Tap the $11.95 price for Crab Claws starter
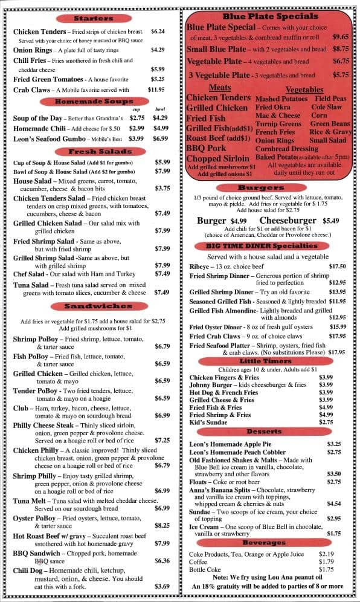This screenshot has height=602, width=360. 156,89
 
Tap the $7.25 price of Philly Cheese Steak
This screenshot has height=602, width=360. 162,441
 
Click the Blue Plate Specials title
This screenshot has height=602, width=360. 270,16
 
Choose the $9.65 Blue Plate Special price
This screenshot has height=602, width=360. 340,37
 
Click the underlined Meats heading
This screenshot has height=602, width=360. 219,88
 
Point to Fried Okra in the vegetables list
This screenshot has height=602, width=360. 272,107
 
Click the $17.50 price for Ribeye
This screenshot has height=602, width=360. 337,266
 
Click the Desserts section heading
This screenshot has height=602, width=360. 265,432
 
